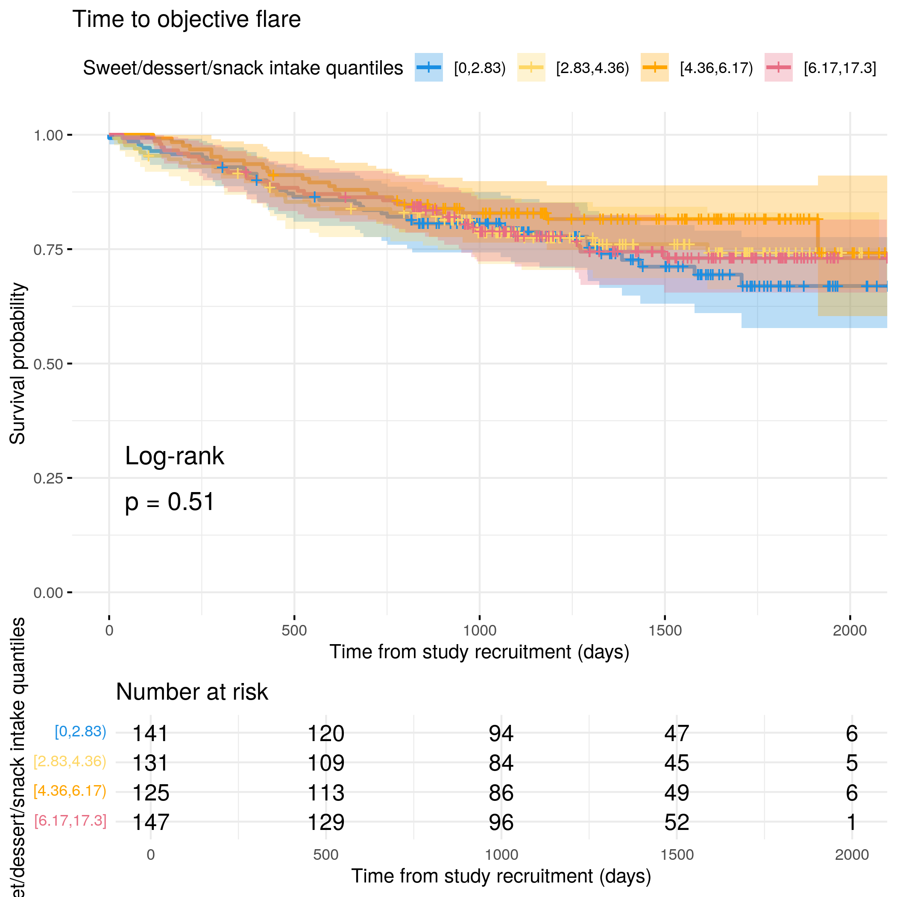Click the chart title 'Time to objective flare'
click(186, 20)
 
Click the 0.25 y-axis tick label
click(48, 478)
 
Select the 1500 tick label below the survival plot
click(665, 630)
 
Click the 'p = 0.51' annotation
click(170, 502)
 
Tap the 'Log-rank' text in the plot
click(174, 456)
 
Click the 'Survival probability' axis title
click(18, 363)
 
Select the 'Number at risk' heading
click(192, 692)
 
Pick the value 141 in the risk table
click(150, 733)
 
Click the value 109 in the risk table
click(326, 763)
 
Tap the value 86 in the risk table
click(501, 793)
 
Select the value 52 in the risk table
click(677, 823)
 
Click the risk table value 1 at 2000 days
click(851, 823)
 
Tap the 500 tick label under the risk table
click(326, 855)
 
